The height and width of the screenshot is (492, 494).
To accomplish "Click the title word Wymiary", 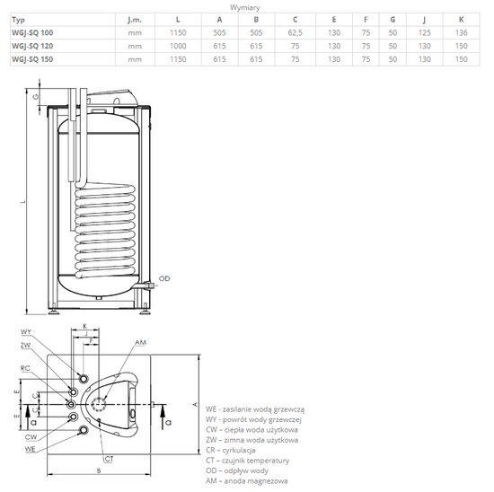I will tap(246, 5).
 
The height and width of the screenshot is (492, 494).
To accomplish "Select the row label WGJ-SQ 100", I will tap(31, 32).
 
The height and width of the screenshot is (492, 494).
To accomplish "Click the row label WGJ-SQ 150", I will tap(31, 58).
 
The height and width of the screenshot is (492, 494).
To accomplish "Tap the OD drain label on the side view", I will tap(164, 279).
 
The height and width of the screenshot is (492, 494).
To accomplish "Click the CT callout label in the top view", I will tap(108, 460).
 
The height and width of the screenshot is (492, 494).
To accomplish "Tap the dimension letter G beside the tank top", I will tap(35, 96).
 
